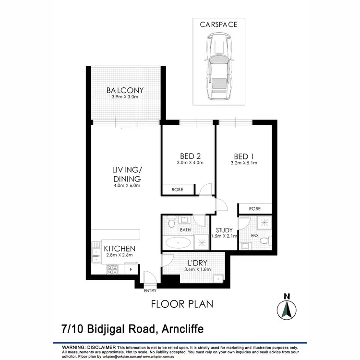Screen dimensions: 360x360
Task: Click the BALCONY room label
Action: [x=125, y=90]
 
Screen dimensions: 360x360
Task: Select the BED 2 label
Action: [x=190, y=156]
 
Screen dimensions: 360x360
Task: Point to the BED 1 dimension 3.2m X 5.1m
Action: [x=244, y=163]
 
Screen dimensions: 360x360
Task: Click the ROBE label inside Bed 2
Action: [x=178, y=190]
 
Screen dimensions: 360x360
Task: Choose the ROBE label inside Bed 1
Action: [x=255, y=209]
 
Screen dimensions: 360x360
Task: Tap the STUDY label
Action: [x=224, y=230]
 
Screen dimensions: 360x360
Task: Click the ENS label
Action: [x=255, y=236]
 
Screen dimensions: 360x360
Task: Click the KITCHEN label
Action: [x=120, y=249]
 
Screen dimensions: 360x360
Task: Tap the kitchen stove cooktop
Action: [x=112, y=269]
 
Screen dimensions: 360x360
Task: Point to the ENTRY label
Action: [x=150, y=290]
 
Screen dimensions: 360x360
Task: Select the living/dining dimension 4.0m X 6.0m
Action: [x=126, y=185]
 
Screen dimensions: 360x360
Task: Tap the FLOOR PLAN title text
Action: [x=182, y=303]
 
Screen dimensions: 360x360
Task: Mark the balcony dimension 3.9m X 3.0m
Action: [x=125, y=97]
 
